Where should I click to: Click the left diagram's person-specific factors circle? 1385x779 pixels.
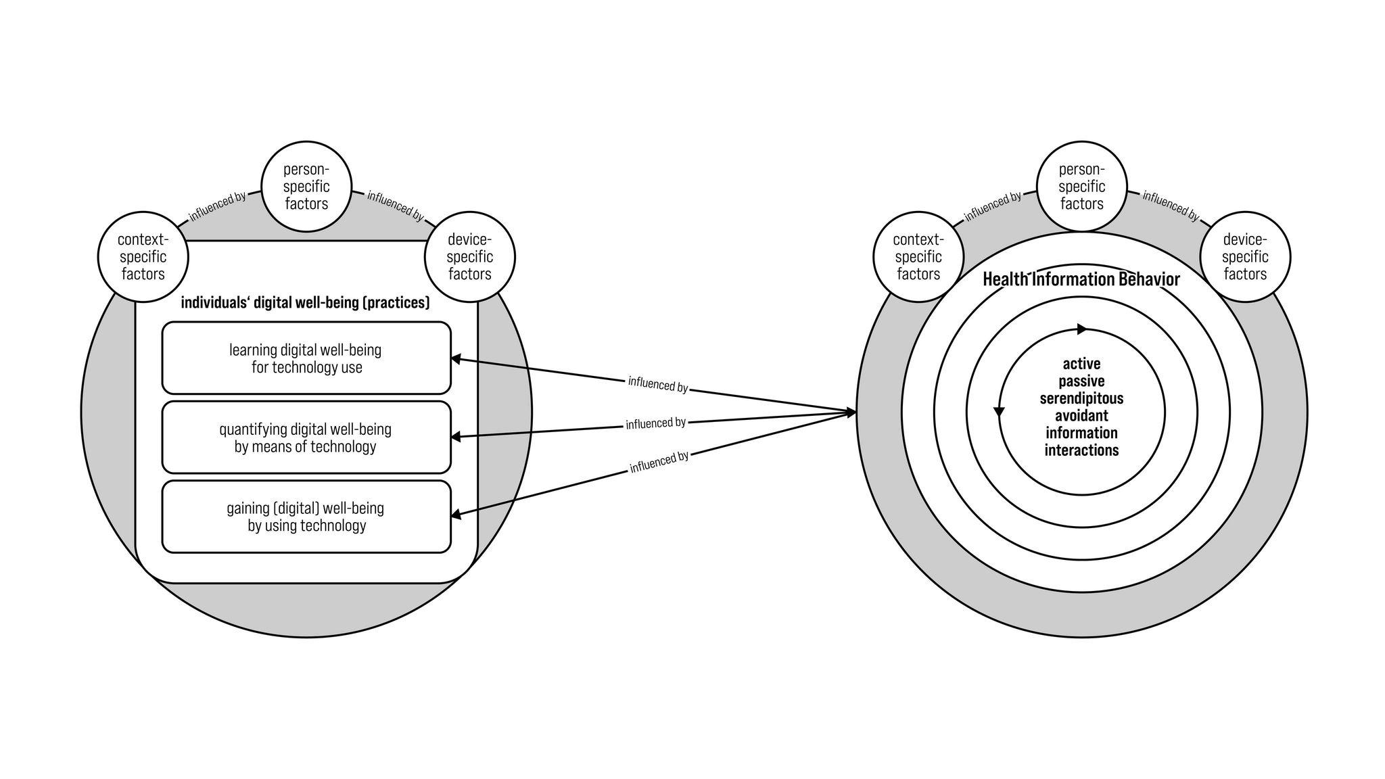coord(306,186)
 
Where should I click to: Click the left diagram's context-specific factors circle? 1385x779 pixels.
coord(143,257)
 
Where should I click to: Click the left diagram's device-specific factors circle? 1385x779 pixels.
coord(470,257)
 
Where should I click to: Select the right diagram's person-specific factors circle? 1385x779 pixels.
coord(1082,186)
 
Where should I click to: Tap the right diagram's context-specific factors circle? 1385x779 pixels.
coord(918,257)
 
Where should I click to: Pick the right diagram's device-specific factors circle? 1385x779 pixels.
coord(1245,257)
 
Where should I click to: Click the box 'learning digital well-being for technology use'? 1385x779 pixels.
coord(306,358)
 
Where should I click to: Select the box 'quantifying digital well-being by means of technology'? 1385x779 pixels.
coord(306,438)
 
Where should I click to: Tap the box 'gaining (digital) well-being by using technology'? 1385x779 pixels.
coord(306,517)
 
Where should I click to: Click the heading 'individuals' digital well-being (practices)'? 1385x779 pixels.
coord(305,302)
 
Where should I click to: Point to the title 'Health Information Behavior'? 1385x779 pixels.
coord(1081,279)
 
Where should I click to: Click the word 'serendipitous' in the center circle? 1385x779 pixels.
coord(1081,398)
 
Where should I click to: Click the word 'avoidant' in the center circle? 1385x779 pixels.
coord(1081,415)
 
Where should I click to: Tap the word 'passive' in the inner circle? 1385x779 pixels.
coord(1081,381)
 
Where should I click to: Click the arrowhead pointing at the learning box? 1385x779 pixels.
coord(456,359)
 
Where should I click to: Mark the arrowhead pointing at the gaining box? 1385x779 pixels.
coord(456,515)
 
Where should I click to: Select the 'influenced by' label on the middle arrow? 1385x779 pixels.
coord(655,423)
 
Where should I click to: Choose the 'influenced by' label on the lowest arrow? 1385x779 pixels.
coord(659,462)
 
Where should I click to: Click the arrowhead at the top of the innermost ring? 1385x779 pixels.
coord(1081,329)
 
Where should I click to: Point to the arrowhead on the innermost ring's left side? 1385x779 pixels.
coord(999,411)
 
